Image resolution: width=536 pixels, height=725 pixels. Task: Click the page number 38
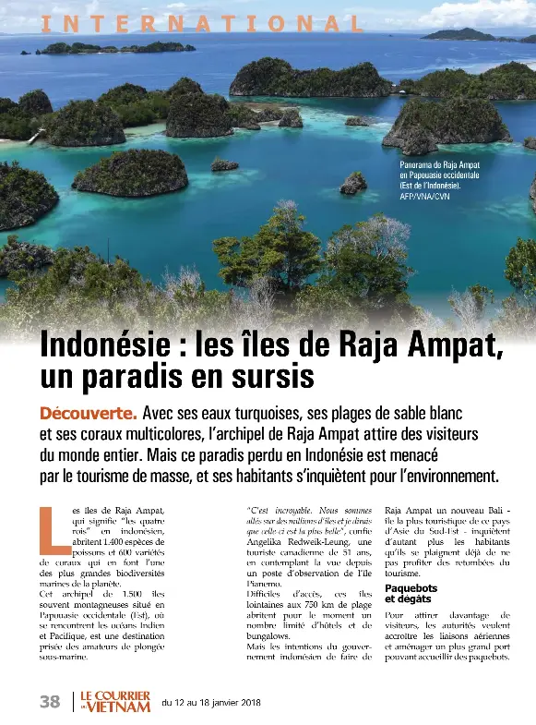[50, 701]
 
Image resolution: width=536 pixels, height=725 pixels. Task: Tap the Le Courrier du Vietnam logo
[113, 701]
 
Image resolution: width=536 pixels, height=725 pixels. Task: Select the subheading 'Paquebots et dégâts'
[411, 593]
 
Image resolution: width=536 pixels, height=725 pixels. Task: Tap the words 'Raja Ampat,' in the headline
[420, 349]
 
